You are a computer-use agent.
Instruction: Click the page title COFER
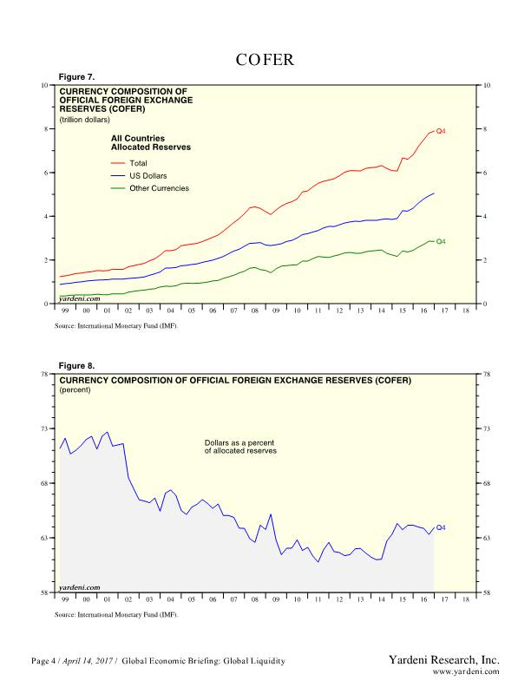tap(265, 60)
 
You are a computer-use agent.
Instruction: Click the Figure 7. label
tap(76, 77)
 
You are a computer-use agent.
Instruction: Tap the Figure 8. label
tap(76, 366)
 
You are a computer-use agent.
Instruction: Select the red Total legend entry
tap(138, 163)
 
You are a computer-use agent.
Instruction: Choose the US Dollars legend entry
tap(144, 175)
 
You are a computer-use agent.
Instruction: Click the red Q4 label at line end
tap(441, 131)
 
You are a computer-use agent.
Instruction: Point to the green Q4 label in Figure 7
tap(441, 241)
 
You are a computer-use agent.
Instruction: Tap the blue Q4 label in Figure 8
tap(441, 527)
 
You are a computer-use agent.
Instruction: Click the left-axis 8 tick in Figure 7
tap(45, 129)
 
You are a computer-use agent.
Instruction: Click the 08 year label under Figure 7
tap(254, 310)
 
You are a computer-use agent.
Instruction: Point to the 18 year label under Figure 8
tap(466, 599)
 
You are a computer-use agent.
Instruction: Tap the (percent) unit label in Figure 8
tap(74, 390)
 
